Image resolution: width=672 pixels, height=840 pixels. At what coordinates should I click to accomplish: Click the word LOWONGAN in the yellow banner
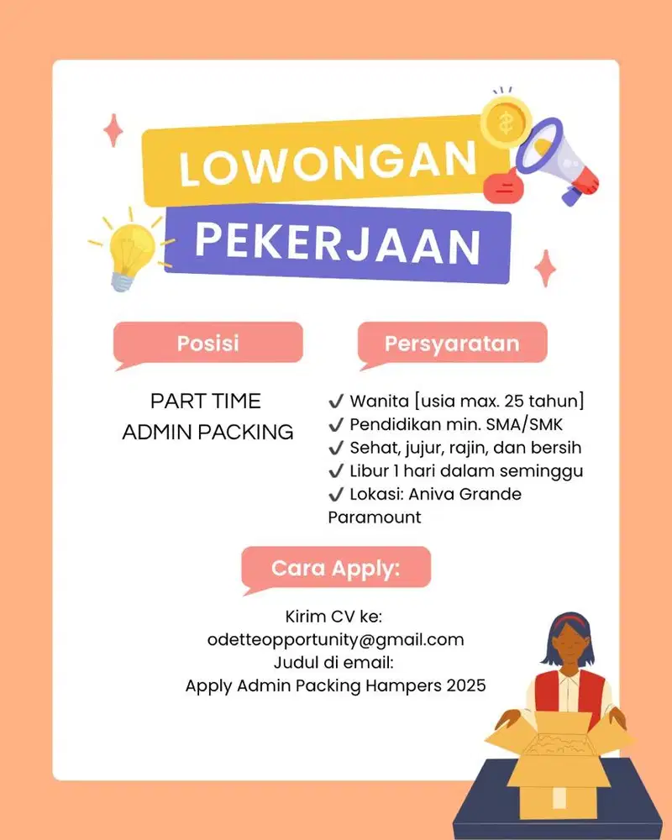coord(326,164)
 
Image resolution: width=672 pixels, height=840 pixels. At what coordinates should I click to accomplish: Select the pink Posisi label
coord(207,343)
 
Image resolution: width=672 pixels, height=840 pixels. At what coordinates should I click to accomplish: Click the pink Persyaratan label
coord(452,343)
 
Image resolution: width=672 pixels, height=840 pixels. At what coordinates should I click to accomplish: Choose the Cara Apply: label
coord(336,568)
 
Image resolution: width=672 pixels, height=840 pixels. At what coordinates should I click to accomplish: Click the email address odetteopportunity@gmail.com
coord(335,639)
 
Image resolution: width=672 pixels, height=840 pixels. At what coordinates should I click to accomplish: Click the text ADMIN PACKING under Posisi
coord(207,433)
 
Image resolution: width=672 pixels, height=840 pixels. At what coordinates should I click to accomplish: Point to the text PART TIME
coord(206,401)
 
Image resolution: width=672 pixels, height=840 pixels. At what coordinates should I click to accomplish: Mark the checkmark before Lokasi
coord(336,494)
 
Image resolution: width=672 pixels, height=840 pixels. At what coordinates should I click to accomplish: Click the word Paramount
coord(375,517)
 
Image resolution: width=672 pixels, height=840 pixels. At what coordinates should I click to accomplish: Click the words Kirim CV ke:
coord(334,617)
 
